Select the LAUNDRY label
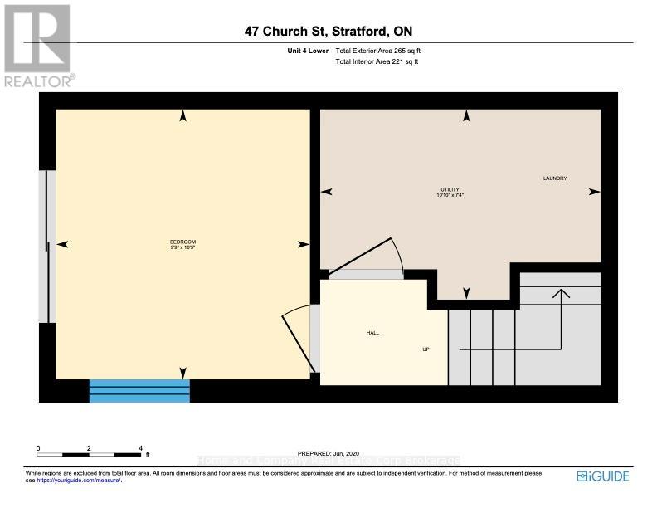555,178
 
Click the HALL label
372,333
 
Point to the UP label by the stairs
425,349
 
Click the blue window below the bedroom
139,390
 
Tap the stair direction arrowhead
562,293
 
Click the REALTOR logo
38,46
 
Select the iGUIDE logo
603,476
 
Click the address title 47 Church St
329,31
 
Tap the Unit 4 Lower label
304,51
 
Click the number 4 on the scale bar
140,447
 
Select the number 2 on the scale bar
89,447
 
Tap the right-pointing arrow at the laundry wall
594,192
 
